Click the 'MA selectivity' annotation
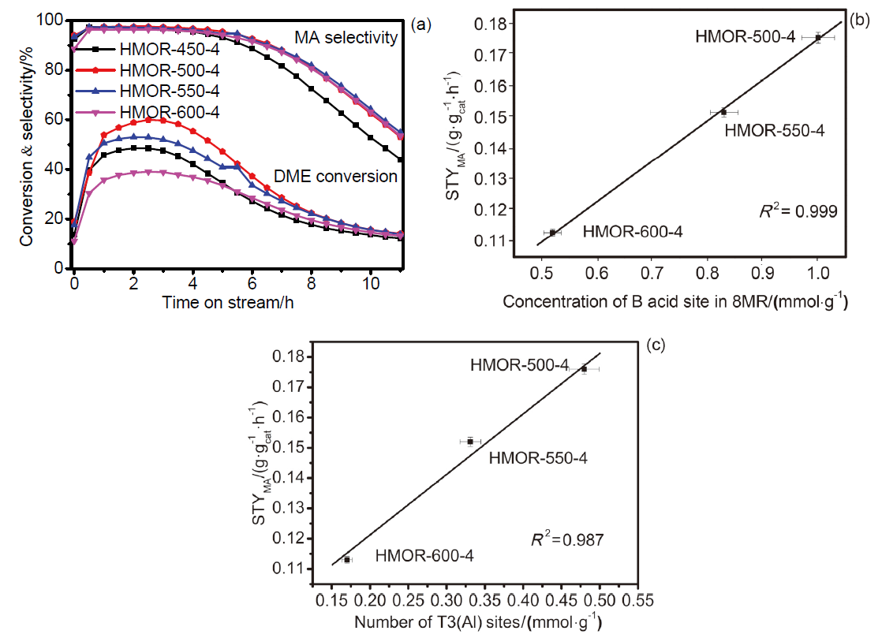(346, 37)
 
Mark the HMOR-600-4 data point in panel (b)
(552, 232)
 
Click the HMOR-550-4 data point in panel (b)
(723, 112)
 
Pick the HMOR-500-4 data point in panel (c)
(584, 368)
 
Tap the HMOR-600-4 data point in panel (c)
(347, 559)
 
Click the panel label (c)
(655, 346)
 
